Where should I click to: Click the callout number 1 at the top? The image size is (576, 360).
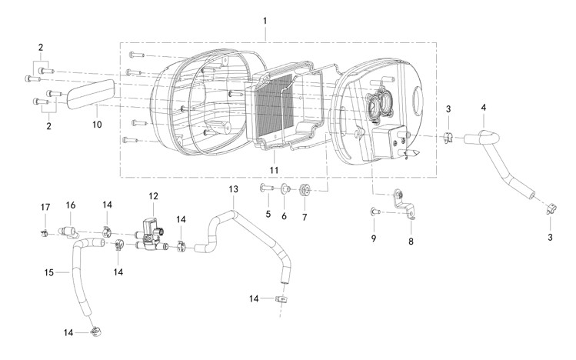tap(265, 21)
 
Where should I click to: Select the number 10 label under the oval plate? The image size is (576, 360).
tap(97, 125)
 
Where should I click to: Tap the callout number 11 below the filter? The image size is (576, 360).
tap(274, 170)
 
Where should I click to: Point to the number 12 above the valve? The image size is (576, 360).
tap(154, 196)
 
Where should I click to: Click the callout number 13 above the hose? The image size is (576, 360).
tap(233, 189)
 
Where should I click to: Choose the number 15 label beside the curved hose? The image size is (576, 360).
tap(49, 272)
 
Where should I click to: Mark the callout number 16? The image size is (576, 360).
tap(71, 205)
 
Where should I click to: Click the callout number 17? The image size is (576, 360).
tap(45, 207)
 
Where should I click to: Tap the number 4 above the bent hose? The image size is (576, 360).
tap(484, 108)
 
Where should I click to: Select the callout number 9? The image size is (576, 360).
tap(374, 238)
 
